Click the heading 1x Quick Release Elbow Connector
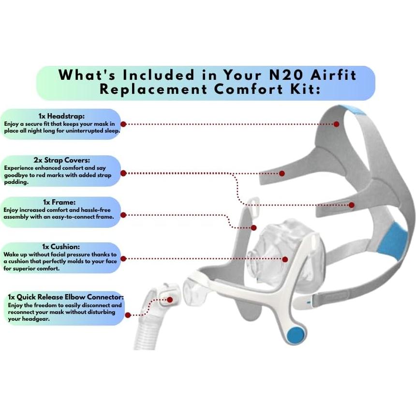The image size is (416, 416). [66, 296]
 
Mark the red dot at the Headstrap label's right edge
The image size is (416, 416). [123, 124]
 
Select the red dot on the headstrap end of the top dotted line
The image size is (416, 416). [337, 124]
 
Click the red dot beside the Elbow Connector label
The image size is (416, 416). [127, 315]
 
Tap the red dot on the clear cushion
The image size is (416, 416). [285, 259]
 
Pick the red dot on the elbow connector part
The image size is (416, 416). [170, 300]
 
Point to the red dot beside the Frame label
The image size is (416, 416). [123, 214]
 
